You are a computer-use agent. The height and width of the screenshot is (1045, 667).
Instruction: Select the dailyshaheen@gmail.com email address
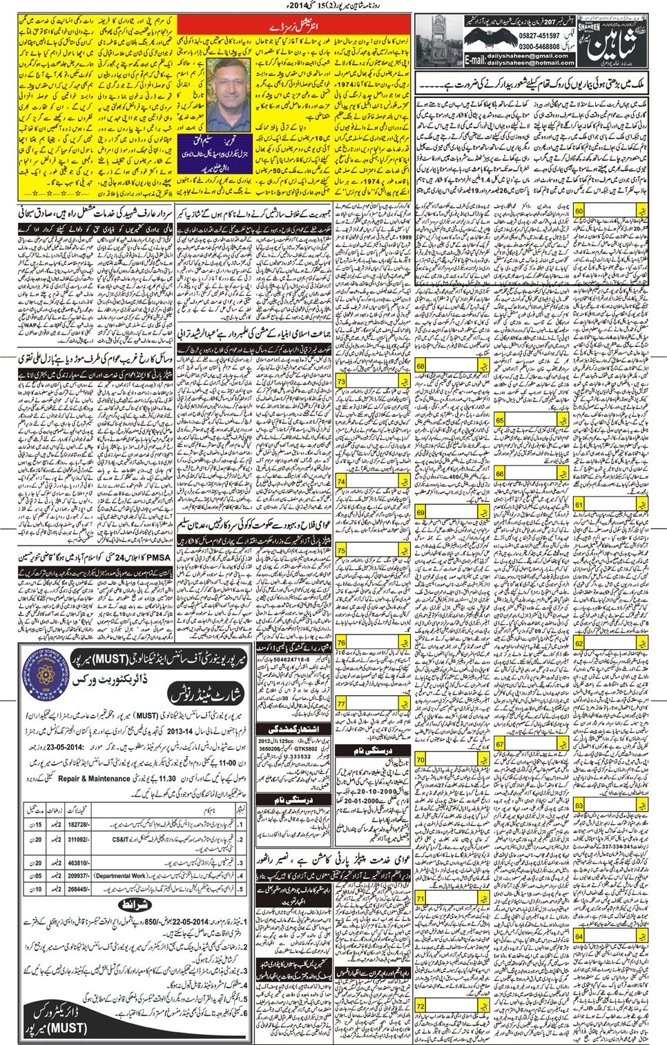(x=528, y=56)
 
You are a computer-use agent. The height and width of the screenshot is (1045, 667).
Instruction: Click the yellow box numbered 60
(x=579, y=211)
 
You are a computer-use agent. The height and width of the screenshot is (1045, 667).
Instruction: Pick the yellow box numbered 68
(x=420, y=366)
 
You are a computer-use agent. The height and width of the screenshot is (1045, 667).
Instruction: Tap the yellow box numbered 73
(x=341, y=381)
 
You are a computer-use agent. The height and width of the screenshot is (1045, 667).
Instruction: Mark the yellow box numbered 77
(x=341, y=704)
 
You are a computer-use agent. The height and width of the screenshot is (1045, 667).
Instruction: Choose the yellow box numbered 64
(x=579, y=936)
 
